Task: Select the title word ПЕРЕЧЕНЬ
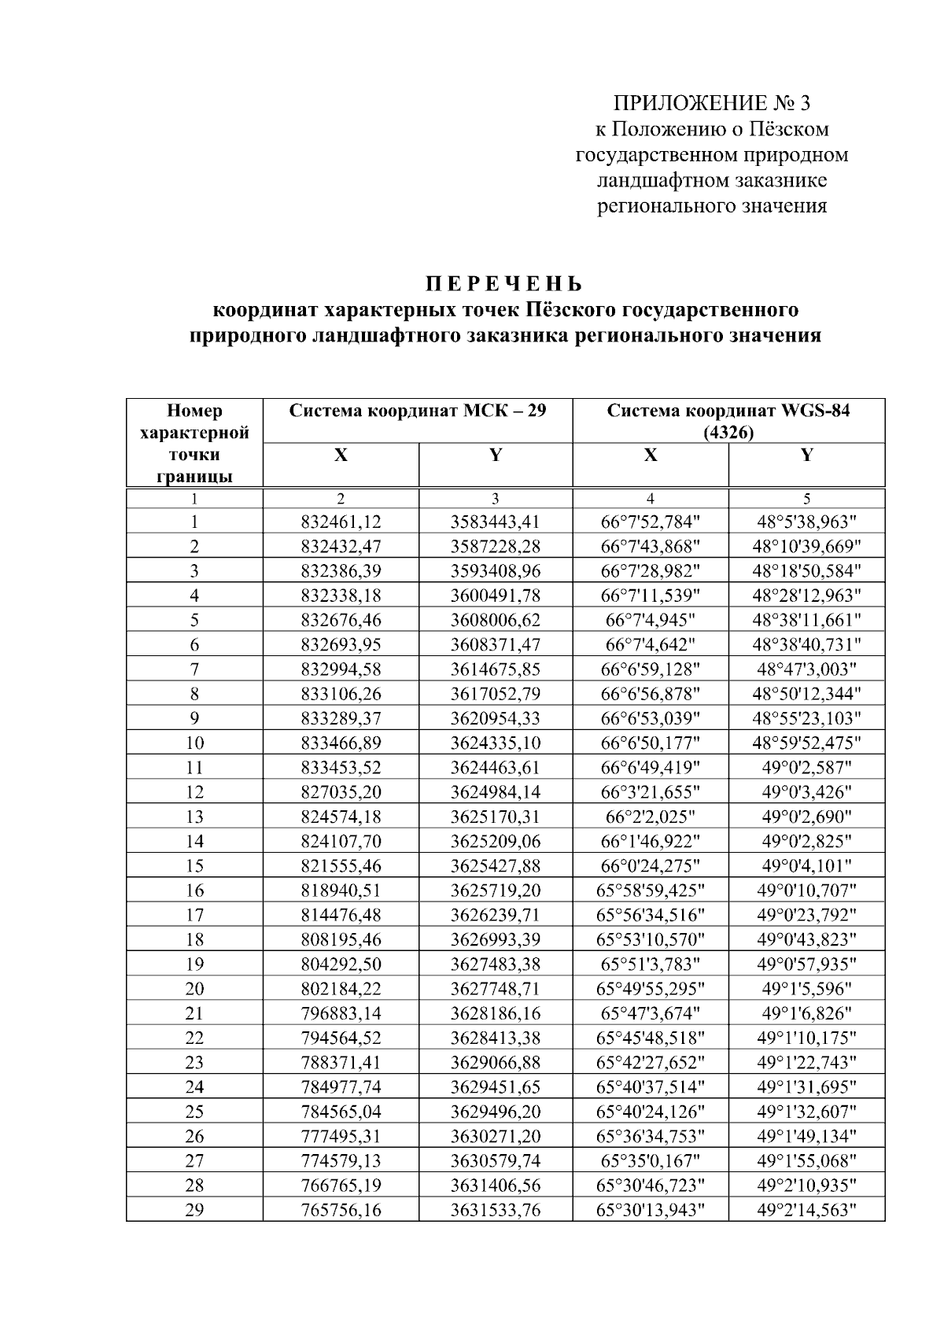pos(504,283)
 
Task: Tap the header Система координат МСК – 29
pos(417,411)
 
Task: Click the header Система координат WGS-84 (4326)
pos(728,421)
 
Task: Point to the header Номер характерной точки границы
pos(194,443)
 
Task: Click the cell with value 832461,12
pos(341,521)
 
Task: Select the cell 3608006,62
pos(495,619)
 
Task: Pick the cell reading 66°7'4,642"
pos(650,644)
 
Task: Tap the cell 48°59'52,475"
pos(806,743)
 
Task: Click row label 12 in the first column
pos(194,792)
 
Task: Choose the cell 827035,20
pos(341,792)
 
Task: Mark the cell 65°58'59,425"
pos(650,891)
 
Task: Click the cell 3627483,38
pos(495,964)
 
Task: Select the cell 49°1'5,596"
pos(806,989)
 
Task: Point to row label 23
pos(194,1063)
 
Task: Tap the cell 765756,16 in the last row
pos(341,1210)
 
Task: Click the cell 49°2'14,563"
pos(806,1210)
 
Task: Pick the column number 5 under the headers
pos(806,498)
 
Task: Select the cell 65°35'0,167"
pos(650,1160)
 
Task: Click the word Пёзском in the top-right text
pos(787,129)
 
